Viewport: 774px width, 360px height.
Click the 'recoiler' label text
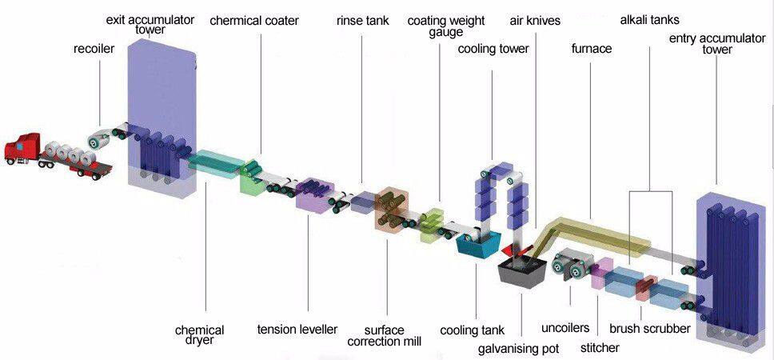(x=94, y=49)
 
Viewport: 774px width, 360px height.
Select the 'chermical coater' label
(x=254, y=21)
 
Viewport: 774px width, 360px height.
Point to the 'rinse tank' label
(x=363, y=21)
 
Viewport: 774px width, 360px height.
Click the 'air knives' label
(x=535, y=21)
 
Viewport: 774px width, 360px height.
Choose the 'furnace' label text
(x=592, y=48)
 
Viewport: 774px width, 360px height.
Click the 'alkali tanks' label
(x=650, y=20)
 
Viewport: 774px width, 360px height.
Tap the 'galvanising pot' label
(x=519, y=349)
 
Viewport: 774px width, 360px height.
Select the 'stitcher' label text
(x=600, y=348)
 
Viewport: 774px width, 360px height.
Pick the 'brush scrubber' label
(x=649, y=328)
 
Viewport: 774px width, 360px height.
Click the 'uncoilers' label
(x=565, y=328)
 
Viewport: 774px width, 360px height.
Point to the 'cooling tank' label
(x=473, y=330)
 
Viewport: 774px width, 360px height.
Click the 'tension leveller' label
(x=297, y=329)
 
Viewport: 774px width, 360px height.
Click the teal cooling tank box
(x=478, y=245)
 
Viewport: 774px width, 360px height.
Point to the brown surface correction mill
(x=390, y=210)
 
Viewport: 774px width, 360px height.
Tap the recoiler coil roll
(x=98, y=140)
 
